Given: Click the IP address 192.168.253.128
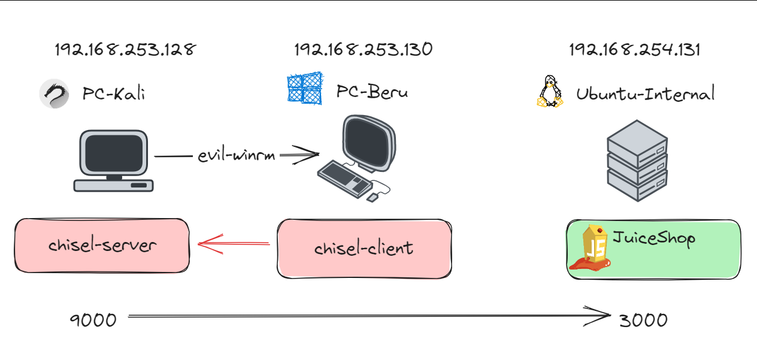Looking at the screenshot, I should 125,50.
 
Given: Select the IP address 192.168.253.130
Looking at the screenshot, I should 363,50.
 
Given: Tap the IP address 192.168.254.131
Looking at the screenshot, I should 635,50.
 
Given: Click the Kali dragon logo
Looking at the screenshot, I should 54,94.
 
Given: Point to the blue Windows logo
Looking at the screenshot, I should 304,87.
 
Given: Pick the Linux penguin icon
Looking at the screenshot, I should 550,92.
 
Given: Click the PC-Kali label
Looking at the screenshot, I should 114,94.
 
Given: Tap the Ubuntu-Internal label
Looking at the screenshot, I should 645,94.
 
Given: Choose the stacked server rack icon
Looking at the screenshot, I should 637,161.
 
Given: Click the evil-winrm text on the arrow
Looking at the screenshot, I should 237,156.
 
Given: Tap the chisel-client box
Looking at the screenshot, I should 364,248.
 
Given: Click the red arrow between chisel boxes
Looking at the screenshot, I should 233,244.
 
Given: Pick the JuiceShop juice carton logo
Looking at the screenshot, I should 593,248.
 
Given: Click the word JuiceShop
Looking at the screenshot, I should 653,238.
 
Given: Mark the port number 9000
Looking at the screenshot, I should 93,320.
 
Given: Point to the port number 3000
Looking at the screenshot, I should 643,320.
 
